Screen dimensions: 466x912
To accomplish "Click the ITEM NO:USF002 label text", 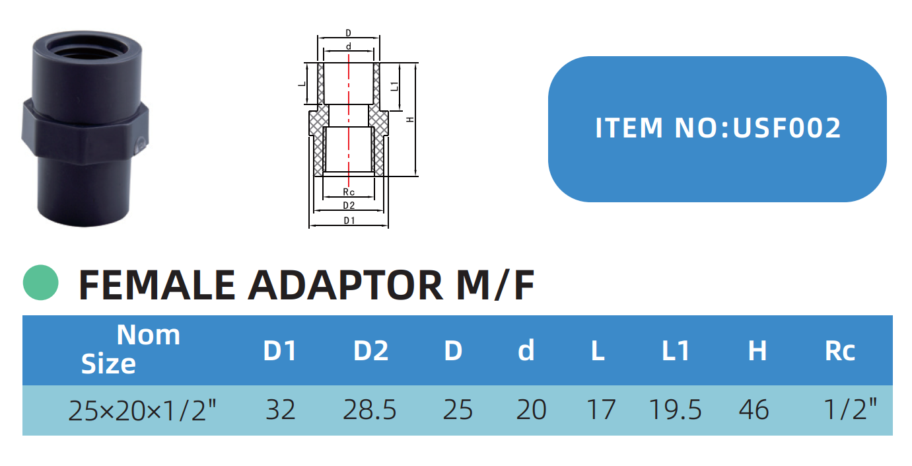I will [x=718, y=128].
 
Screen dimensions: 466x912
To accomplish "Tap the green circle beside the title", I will [x=41, y=283].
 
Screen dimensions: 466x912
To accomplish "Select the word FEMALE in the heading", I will [x=157, y=285].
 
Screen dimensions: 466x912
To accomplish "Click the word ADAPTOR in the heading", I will [x=345, y=285].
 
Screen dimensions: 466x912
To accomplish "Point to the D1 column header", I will [x=280, y=351].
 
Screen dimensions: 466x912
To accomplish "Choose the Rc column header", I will [x=839, y=351].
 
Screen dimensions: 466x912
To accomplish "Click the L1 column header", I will [x=676, y=351].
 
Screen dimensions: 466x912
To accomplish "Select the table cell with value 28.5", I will [x=370, y=410].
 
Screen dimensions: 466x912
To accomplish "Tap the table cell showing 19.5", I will [x=675, y=410].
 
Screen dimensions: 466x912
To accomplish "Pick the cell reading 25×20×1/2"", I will [x=143, y=410].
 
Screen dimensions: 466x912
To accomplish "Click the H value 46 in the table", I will [x=754, y=410].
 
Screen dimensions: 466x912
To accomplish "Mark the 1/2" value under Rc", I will [x=851, y=410].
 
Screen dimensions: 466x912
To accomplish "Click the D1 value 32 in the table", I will [x=280, y=410].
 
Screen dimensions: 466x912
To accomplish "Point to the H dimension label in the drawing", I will [x=410, y=120].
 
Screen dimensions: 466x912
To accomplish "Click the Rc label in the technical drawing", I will [x=349, y=192].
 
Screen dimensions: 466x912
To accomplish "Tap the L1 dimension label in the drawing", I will [x=394, y=87].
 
